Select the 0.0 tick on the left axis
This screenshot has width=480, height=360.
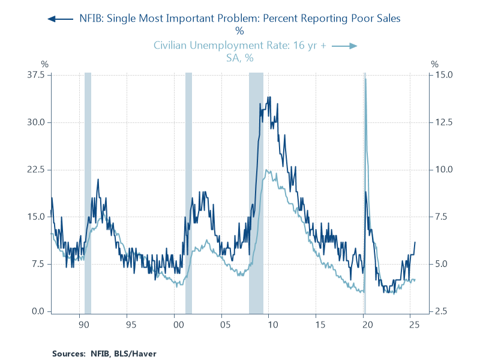tap(38, 311)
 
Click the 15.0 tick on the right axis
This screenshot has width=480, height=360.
tap(445, 75)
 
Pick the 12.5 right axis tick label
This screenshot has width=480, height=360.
tap(445, 122)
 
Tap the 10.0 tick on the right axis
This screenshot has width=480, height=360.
tap(445, 170)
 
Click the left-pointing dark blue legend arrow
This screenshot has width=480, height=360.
tap(59, 19)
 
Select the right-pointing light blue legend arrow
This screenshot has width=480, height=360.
tap(345, 46)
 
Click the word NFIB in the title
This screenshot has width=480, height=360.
tap(93, 19)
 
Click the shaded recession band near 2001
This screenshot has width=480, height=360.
tap(188, 192)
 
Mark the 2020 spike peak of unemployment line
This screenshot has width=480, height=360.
tap(365, 79)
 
